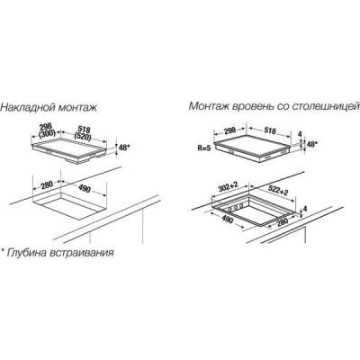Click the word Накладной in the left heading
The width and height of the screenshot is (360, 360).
pyautogui.click(x=28, y=107)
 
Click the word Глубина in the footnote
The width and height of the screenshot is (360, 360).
pyautogui.click(x=26, y=252)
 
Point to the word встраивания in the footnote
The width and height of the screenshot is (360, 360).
pyautogui.click(x=81, y=252)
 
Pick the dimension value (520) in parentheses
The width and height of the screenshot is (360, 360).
pyautogui.click(x=83, y=137)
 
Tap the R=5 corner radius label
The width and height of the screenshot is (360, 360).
pyautogui.click(x=204, y=148)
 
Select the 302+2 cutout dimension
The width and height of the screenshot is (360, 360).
pyautogui.click(x=228, y=188)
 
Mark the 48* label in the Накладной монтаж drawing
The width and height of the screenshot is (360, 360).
pyautogui.click(x=124, y=147)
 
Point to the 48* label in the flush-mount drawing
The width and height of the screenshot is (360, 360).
pyautogui.click(x=311, y=144)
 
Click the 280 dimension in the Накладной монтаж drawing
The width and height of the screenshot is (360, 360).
pyautogui.click(x=47, y=184)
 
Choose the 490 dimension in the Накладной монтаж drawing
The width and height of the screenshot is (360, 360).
pyautogui.click(x=85, y=189)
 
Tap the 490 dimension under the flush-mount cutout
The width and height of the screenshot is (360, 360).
pyautogui.click(x=228, y=220)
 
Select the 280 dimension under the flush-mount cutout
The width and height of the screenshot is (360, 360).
pyautogui.click(x=282, y=220)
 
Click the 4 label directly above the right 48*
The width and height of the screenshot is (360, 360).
pyautogui.click(x=299, y=134)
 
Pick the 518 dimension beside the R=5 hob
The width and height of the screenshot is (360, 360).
pyautogui.click(x=270, y=130)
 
